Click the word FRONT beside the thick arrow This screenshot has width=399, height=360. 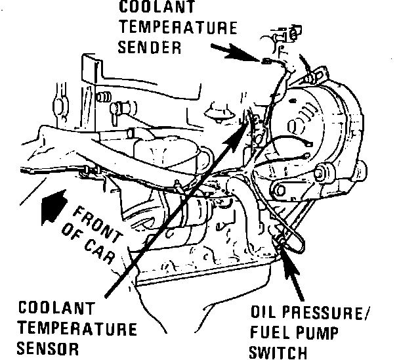(x=95, y=221)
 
